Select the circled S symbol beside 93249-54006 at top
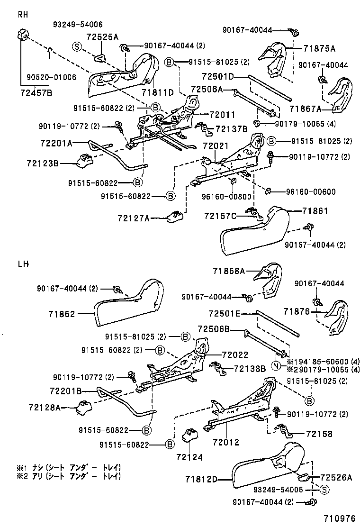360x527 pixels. click(77, 46)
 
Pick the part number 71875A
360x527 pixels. click(319, 48)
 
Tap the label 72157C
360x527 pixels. click(220, 216)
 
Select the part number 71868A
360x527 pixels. click(229, 271)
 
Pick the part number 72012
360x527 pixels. click(226, 442)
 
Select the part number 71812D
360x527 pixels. click(201, 480)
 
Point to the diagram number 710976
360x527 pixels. click(339, 519)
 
